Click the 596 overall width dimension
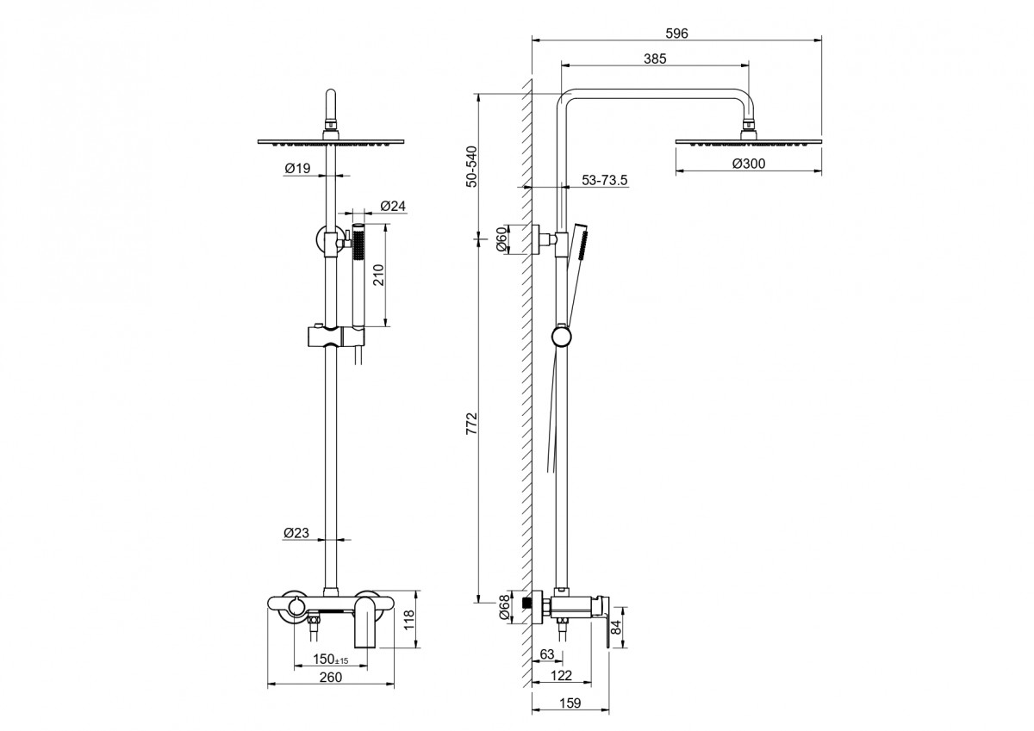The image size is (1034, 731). [x=676, y=34]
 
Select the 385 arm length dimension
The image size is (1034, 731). [x=655, y=59]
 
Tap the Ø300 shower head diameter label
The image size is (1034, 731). [x=749, y=164]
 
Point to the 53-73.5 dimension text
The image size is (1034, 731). [x=605, y=180]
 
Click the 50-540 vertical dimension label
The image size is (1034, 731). [x=472, y=166]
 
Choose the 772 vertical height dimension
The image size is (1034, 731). [x=471, y=424]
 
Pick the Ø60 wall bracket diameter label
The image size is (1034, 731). [x=501, y=239]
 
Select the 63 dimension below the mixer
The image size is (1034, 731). [x=546, y=654]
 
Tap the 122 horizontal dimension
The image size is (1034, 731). [x=561, y=675]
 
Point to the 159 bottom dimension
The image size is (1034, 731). [x=570, y=703]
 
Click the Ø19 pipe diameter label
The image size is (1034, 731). [x=298, y=169]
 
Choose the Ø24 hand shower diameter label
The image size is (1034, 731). [x=393, y=206]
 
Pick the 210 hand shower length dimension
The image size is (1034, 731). [x=378, y=275]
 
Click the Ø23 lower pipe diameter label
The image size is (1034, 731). [x=296, y=533]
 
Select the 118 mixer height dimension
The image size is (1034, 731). [x=409, y=620]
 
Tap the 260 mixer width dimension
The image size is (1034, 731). [x=331, y=677]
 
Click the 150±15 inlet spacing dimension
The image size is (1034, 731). [x=331, y=659]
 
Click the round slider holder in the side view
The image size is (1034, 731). [x=561, y=337]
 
